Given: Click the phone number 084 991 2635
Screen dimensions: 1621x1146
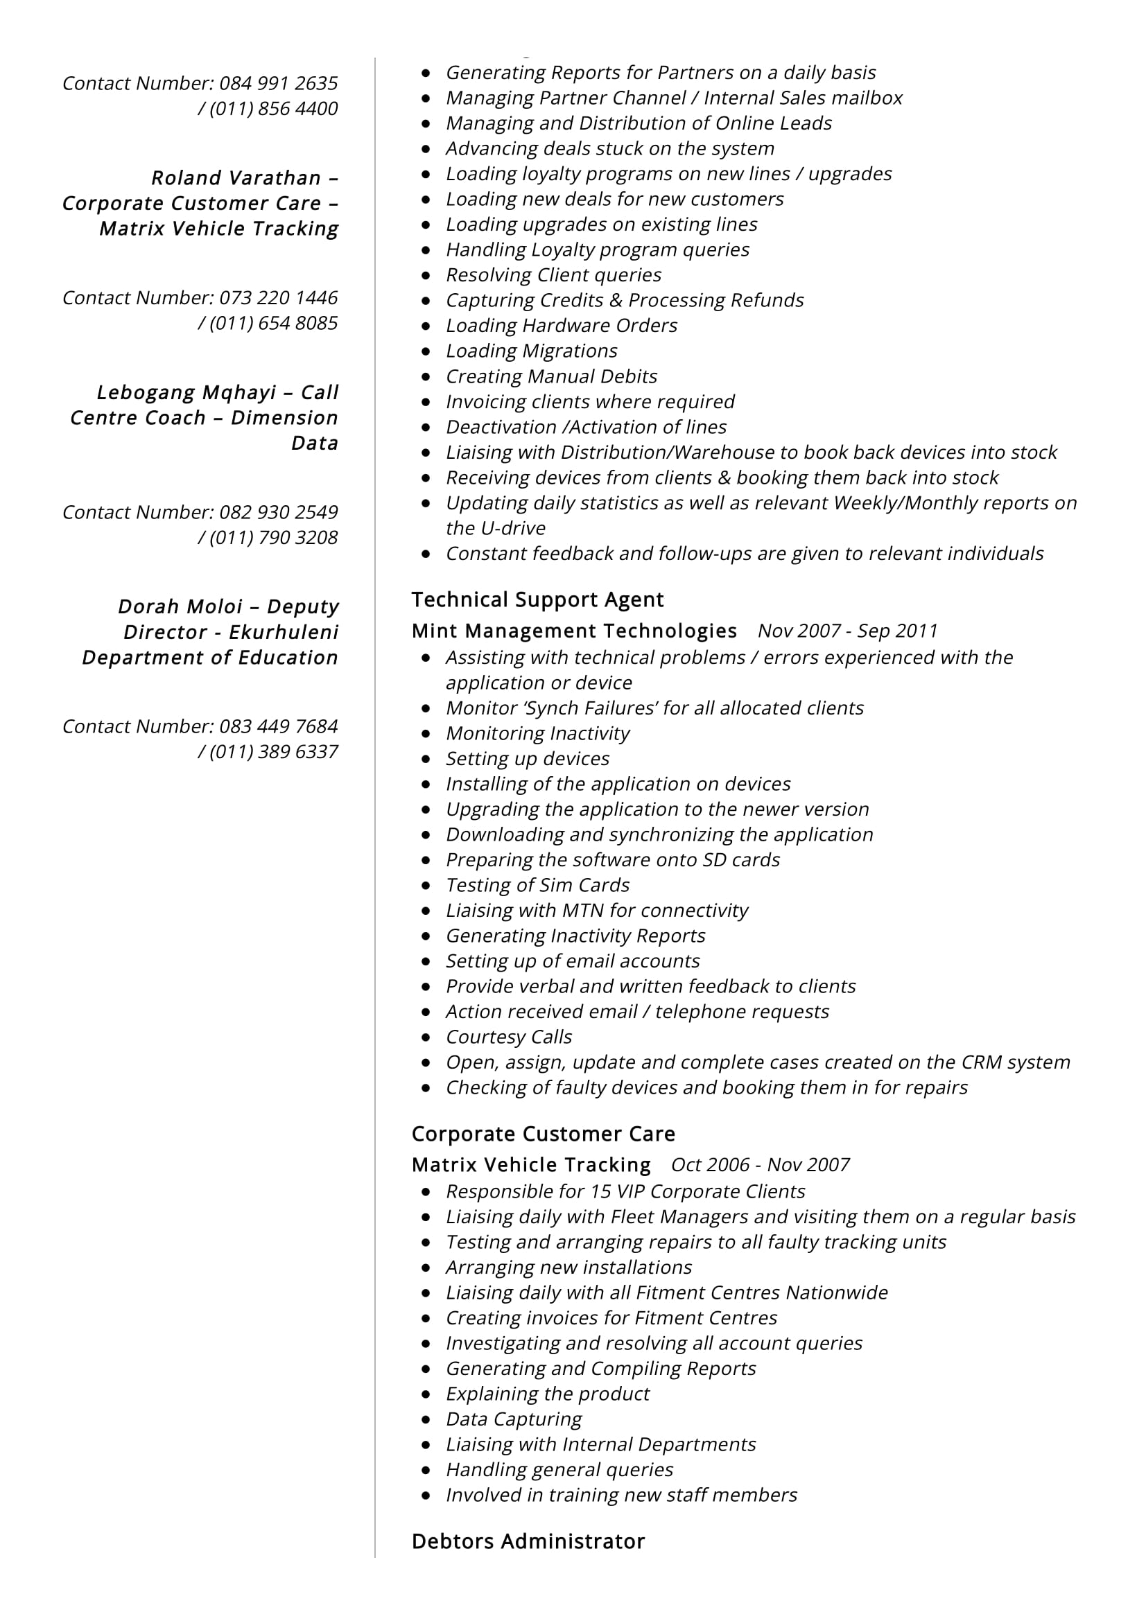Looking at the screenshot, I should coord(278,83).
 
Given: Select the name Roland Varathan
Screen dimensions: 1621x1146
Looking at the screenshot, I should coord(236,178).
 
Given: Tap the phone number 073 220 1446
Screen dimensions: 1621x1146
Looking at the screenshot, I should coord(278,298).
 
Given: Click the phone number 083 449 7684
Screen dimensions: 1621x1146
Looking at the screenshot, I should coord(278,726).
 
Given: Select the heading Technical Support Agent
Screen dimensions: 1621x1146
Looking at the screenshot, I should coord(537,600).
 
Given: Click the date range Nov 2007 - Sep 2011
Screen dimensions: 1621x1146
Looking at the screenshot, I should coord(847,631).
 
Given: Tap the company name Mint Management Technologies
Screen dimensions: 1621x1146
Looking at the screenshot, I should coord(574,631).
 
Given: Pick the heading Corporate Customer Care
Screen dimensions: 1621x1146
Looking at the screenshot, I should coord(543,1134).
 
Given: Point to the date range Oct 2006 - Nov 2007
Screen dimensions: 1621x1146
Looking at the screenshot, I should coord(760,1165).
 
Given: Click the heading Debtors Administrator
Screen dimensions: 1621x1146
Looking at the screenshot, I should coord(528,1542).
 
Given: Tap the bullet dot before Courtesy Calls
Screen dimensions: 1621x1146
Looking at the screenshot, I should coord(426,1038).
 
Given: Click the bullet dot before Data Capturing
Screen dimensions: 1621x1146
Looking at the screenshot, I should coord(426,1420).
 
